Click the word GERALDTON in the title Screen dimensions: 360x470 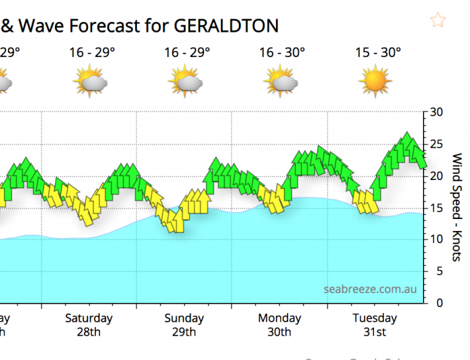coord(226,26)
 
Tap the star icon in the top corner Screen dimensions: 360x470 coord(438,20)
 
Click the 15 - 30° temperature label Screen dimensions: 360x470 coord(378,52)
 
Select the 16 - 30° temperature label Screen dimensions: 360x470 coord(282,52)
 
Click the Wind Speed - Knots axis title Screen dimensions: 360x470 coord(457,208)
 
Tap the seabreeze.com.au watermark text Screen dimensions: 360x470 coord(370,289)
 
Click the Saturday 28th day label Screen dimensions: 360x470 coord(89,324)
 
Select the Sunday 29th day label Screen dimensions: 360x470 coord(184,324)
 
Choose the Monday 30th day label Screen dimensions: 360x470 coord(279,324)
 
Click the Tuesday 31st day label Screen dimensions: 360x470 coord(375,324)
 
